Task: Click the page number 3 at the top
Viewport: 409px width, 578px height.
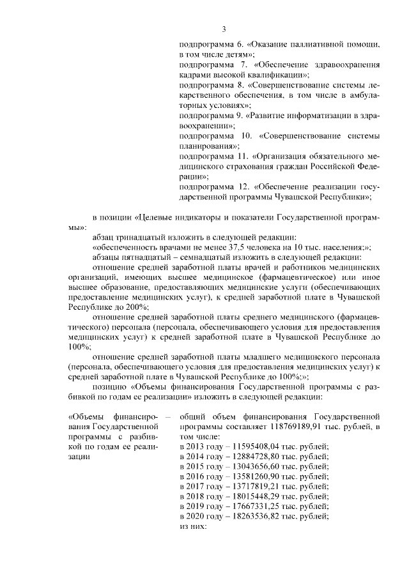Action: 224,28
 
